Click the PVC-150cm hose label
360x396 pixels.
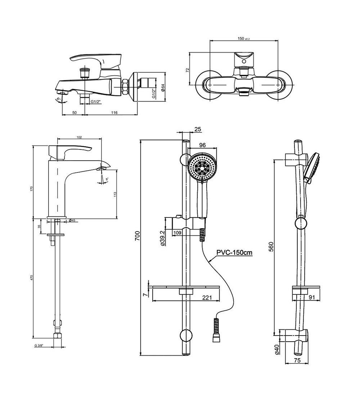click(234, 253)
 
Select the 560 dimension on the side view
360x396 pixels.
click(271, 246)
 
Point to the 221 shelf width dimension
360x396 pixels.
click(206, 297)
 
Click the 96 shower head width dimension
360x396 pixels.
click(202, 145)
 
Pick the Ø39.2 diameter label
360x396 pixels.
click(162, 238)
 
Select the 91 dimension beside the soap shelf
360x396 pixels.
click(312, 297)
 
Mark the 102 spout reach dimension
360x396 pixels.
click(80, 137)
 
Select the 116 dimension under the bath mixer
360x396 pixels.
click(114, 113)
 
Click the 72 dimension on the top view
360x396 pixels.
click(187, 70)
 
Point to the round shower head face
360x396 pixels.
click(202, 167)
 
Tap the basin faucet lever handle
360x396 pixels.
click(72, 150)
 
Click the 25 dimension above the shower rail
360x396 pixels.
click(197, 129)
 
